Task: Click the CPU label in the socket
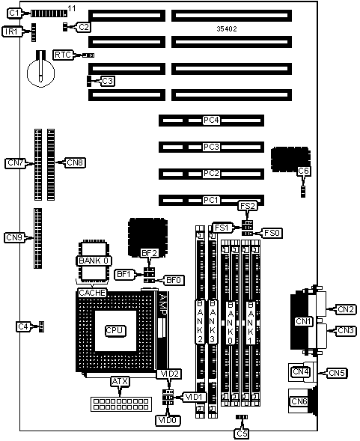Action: coord(115,330)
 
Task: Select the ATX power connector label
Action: coord(120,381)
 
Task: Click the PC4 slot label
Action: coord(211,121)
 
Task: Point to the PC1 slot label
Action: coord(211,200)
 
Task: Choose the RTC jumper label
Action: coord(63,55)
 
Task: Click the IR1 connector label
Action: coord(11,31)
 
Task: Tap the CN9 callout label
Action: coord(14,237)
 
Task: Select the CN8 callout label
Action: coord(76,162)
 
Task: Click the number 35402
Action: coord(227,28)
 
